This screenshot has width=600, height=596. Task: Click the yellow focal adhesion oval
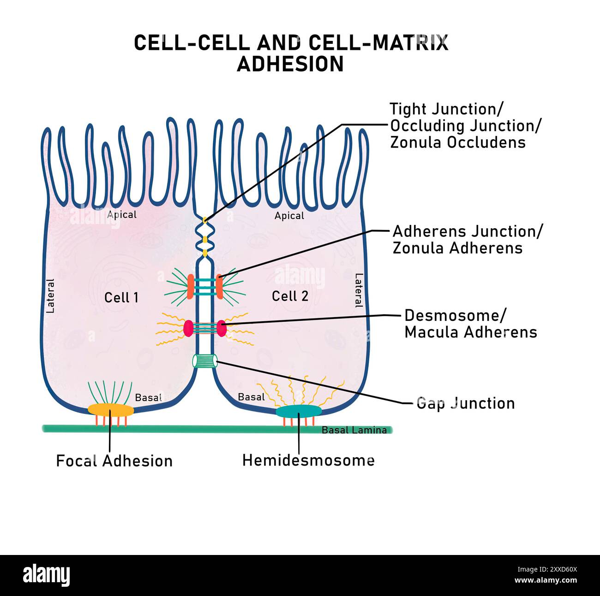(x=111, y=410)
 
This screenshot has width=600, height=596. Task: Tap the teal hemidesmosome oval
(x=299, y=411)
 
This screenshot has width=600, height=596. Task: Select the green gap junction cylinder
(x=205, y=361)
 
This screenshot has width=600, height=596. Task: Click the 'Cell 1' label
(x=121, y=297)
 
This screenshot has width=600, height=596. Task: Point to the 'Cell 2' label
(x=290, y=296)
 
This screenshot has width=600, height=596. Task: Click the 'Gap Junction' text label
(x=465, y=403)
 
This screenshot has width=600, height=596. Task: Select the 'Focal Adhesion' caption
(x=114, y=460)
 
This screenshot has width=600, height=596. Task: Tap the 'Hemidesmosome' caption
(x=308, y=460)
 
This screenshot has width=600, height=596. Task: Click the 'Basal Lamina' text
(x=354, y=430)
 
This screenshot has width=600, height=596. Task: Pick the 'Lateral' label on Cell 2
(x=359, y=290)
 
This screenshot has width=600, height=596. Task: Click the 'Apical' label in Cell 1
(x=122, y=214)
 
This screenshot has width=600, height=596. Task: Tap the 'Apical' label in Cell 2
(x=289, y=216)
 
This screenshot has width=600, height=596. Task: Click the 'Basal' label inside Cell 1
(x=148, y=397)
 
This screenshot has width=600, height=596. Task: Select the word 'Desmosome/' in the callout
(x=455, y=315)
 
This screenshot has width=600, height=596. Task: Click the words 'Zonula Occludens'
(x=458, y=142)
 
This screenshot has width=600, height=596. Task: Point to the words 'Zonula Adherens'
(x=457, y=248)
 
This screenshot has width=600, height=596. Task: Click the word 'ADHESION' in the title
(x=290, y=64)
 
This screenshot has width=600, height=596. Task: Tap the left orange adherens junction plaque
(x=190, y=286)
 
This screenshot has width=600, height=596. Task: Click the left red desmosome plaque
(x=188, y=328)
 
